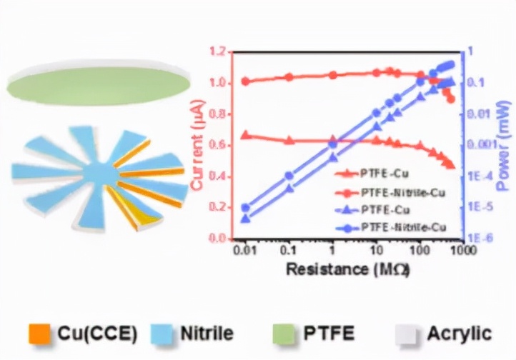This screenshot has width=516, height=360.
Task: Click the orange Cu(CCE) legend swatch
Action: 40,333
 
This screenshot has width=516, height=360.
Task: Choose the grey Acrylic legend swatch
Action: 407,333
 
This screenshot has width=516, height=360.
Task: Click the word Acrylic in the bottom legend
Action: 459,333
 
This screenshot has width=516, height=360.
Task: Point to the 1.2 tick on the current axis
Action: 218,52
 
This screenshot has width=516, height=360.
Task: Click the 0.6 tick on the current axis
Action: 218,145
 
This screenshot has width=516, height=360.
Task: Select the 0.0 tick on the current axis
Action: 218,239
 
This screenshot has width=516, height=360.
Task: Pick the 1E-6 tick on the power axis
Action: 479,239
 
